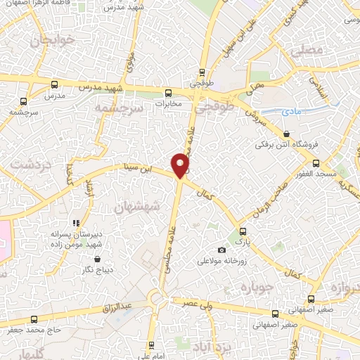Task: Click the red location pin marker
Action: (181, 165)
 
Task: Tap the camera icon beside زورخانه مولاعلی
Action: (222, 250)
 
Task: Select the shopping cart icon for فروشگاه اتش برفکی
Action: (286, 134)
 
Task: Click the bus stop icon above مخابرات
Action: (168, 92)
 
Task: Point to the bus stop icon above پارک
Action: (242, 231)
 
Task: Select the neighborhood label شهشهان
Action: (137, 207)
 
